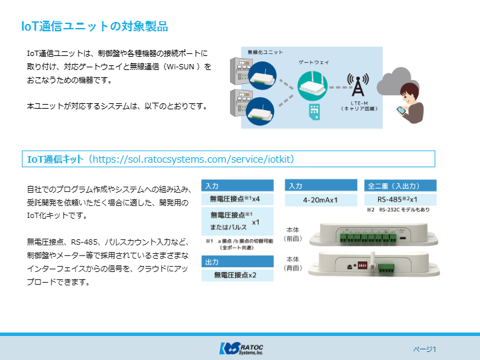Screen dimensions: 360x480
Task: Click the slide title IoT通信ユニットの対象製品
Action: point(94,27)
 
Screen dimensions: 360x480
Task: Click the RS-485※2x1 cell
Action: point(397,199)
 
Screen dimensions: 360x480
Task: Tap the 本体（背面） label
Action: point(293,263)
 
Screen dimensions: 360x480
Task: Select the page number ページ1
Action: point(424,349)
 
